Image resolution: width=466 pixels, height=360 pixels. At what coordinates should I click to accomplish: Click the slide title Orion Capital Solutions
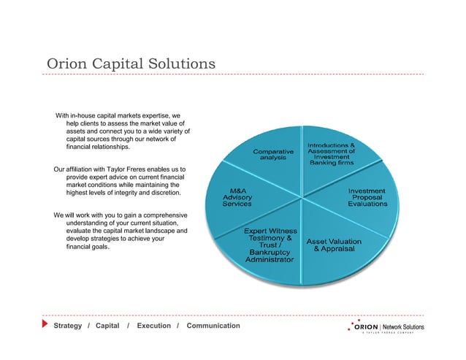pos(131,64)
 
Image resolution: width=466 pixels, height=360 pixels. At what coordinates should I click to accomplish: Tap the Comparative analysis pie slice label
pos(273,154)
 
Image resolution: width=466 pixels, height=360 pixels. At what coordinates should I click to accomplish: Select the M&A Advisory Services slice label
pos(238,197)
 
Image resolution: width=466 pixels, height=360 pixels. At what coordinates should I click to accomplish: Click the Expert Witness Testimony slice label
pos(271,245)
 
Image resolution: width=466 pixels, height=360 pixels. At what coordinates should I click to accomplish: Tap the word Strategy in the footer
pos(66,325)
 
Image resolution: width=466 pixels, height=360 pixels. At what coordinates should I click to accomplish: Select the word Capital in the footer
pos(107,325)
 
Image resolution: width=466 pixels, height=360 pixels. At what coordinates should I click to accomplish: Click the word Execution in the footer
pos(153,325)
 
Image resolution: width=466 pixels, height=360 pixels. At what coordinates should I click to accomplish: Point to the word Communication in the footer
pos(213,325)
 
